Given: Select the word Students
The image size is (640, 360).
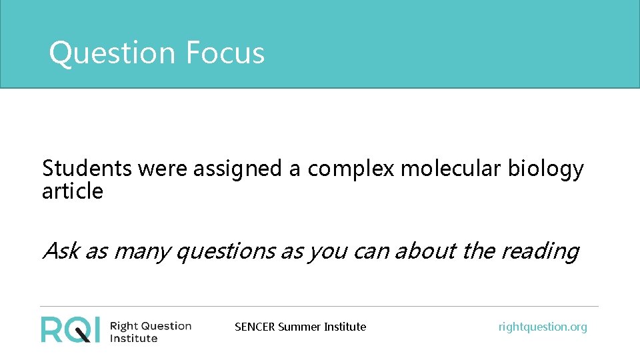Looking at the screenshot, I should tap(87, 169).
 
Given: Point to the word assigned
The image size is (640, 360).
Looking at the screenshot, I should tap(237, 169).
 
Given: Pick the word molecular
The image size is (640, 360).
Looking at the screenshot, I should tap(451, 169).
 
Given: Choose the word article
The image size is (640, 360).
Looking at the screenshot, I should tap(72, 192).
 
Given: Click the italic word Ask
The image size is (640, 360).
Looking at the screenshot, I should tap(60, 251).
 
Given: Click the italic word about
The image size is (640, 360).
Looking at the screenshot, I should tap(423, 251).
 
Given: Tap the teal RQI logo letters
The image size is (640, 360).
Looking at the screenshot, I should tap(70, 329).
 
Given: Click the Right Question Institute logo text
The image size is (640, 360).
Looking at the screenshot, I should tap(150, 331).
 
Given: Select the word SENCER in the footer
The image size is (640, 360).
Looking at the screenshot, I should tap(255, 327).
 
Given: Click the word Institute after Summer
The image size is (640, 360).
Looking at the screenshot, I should tap(345, 327).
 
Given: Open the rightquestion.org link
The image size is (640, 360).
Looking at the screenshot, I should tap(543, 327).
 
